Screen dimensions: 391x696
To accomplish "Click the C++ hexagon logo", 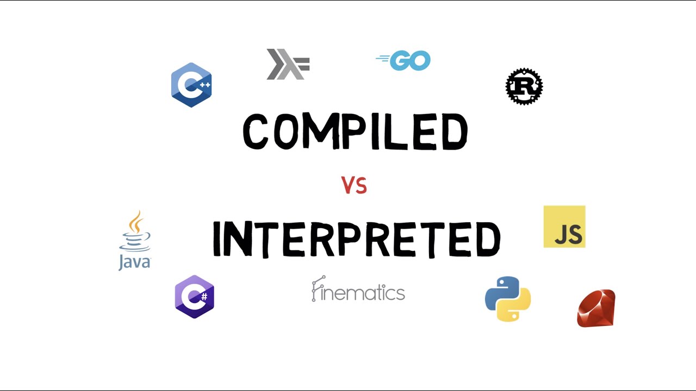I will (191, 85).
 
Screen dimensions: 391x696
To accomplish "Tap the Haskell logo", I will (288, 64).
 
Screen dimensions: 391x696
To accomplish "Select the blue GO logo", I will (403, 61).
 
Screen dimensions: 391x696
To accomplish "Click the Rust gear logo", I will (524, 86).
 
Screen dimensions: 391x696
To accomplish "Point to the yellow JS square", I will (564, 226).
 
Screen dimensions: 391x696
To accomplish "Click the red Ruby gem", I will (596, 308).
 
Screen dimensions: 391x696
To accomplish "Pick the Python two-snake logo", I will (507, 299).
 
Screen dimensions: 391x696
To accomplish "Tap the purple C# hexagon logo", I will (194, 297).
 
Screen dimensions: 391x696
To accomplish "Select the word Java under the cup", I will (134, 262).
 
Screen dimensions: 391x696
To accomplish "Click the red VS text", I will (354, 186).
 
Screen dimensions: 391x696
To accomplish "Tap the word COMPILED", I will (355, 132).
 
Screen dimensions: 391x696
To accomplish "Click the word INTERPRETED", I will (356, 239).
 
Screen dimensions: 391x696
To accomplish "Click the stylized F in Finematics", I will (318, 288).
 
